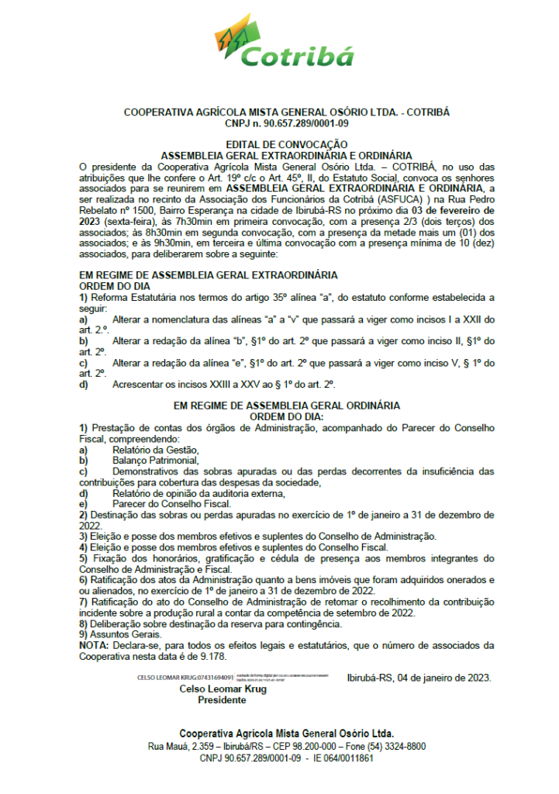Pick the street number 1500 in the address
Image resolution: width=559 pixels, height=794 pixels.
[141, 209]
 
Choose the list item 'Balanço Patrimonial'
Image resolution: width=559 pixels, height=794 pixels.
[155, 460]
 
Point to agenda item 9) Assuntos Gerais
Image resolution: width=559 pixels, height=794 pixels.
[120, 633]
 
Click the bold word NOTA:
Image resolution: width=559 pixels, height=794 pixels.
[95, 644]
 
